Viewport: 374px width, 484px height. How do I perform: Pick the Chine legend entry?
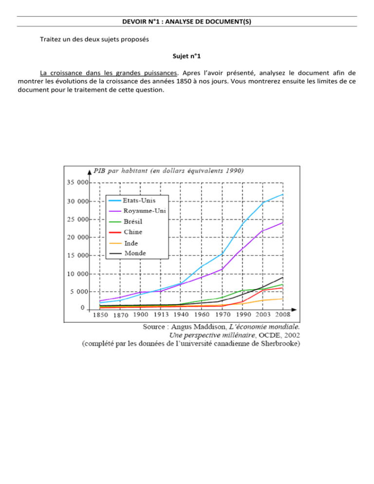tap(132, 232)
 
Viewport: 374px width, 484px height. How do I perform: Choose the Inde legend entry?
tap(131, 243)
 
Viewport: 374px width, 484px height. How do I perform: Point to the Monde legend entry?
tap(134, 253)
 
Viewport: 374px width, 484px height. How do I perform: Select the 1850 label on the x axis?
tap(100, 315)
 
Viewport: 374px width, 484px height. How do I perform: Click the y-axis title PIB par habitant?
tap(168, 170)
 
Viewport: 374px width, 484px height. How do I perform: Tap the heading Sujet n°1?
tap(187, 70)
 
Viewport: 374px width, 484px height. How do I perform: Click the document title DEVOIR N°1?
tap(187, 21)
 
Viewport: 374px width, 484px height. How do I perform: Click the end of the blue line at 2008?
tap(283, 195)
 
